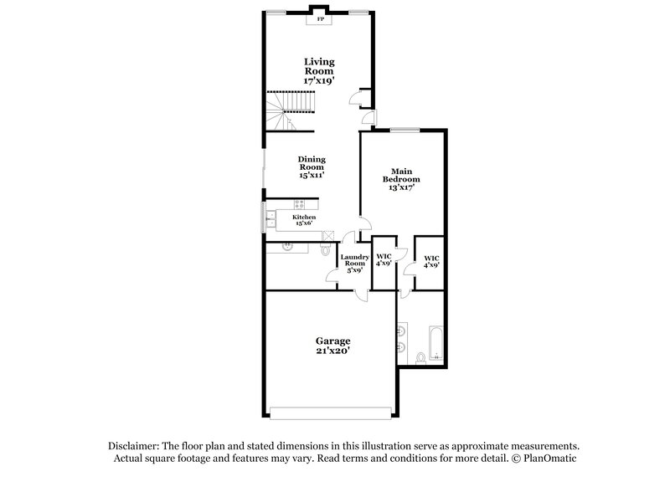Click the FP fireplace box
[318, 18]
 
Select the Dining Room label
[312, 167]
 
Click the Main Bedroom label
[401, 179]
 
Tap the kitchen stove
[301, 202]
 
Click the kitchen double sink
[271, 221]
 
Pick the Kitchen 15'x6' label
[303, 220]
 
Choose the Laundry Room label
[353, 263]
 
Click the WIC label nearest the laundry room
[384, 260]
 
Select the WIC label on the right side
[431, 260]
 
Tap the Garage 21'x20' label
[332, 346]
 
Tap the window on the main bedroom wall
[405, 129]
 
